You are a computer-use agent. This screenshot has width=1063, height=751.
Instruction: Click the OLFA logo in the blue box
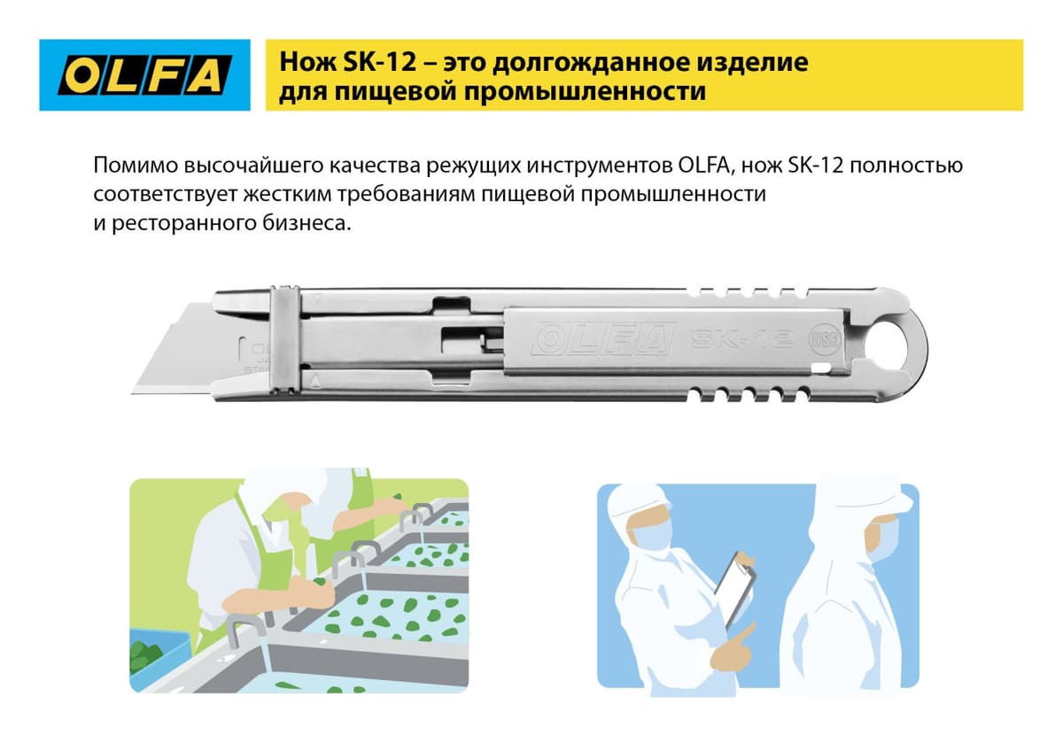pyautogui.click(x=145, y=75)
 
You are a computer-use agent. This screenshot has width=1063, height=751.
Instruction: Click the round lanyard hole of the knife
pyautogui.click(x=895, y=340)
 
